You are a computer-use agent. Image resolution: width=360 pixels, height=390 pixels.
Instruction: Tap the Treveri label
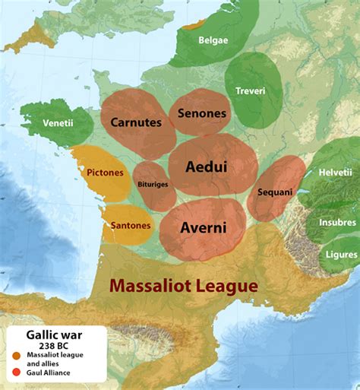(250, 90)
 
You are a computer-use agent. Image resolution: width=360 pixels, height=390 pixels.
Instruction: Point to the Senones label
(201, 113)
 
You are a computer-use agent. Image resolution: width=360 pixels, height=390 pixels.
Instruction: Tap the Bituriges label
(153, 184)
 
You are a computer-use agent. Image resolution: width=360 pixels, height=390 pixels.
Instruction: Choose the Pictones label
(104, 173)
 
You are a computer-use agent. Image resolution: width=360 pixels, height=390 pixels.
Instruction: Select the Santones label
(130, 225)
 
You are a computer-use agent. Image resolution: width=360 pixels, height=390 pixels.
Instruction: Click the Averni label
(202, 227)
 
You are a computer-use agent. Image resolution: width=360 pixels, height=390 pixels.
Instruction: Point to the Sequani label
(274, 192)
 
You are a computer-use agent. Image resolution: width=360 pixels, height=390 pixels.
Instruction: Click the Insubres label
(337, 222)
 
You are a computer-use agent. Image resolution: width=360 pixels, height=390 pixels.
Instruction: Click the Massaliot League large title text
(182, 286)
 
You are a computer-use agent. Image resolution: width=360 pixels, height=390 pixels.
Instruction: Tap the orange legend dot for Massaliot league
(16, 356)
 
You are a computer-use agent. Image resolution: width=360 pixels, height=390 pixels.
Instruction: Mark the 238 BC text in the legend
(53, 345)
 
